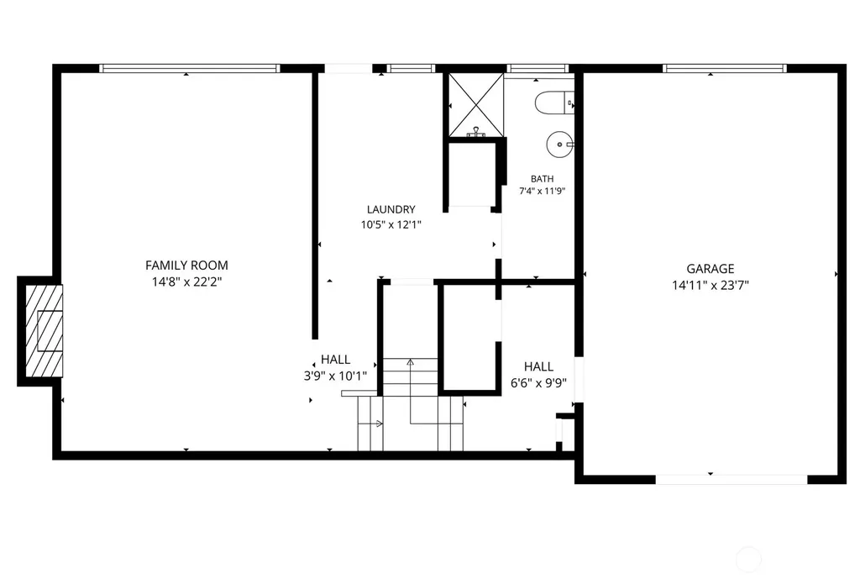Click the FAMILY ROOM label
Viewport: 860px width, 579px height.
tap(186, 265)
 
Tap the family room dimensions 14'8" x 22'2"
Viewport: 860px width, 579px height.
tap(186, 282)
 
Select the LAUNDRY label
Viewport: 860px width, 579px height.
tap(391, 209)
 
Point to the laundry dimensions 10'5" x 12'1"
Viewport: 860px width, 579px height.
tap(391, 224)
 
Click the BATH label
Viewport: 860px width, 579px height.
tap(542, 179)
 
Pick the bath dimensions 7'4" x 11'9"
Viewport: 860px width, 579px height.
tap(542, 191)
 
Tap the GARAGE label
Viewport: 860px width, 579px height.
tap(711, 269)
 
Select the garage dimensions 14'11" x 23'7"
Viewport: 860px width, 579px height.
tap(711, 286)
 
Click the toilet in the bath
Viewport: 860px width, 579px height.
tap(554, 103)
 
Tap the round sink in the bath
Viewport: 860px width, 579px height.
tap(560, 145)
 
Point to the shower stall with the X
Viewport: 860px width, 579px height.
tap(476, 104)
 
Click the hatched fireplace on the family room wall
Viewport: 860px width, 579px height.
tap(44, 331)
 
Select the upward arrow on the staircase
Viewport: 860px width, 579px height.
tap(410, 391)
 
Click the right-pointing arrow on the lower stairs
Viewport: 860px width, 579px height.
tap(370, 424)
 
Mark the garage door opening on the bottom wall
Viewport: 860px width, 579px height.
tap(732, 480)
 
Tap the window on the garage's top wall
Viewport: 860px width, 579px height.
tap(725, 69)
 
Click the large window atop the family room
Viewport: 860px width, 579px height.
tap(190, 69)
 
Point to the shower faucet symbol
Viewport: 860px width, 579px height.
tap(476, 132)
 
